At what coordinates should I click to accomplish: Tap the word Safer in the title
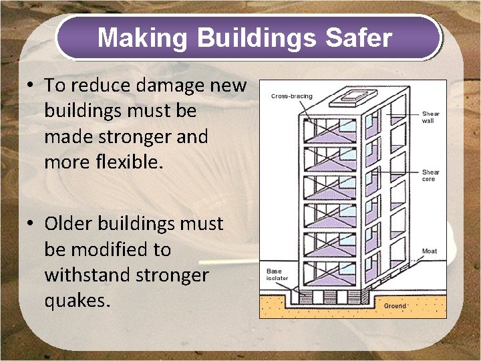click(359, 38)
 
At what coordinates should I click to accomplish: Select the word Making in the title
click(143, 38)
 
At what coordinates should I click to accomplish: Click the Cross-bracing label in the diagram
click(291, 96)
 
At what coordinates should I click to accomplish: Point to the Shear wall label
click(430, 117)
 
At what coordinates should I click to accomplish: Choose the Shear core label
click(430, 176)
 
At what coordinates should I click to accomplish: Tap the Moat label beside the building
click(430, 251)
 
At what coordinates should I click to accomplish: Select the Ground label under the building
click(394, 306)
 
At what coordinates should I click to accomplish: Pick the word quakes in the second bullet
click(75, 301)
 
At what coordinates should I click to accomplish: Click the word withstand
click(88, 275)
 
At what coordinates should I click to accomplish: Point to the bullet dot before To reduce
click(31, 86)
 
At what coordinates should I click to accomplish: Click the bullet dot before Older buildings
click(31, 224)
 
